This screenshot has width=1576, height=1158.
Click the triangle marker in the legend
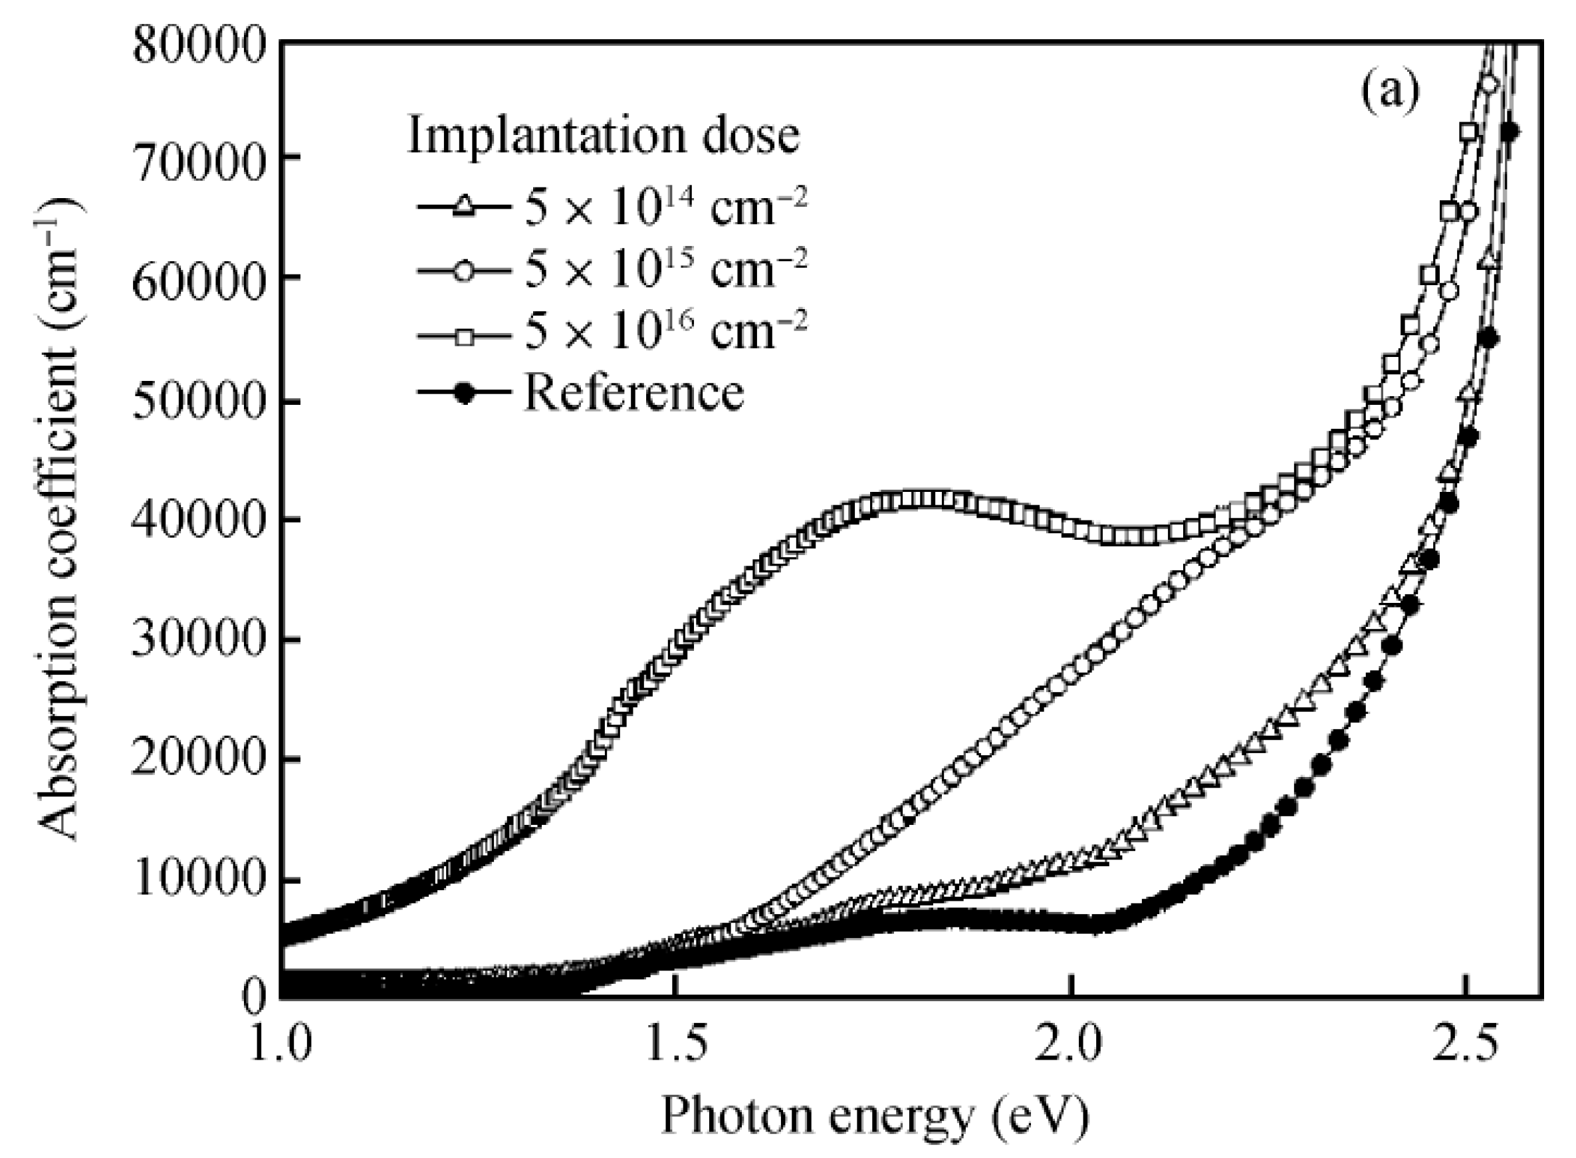pos(463,206)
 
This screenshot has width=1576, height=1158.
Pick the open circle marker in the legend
pos(463,270)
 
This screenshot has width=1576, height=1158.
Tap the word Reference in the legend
pos(634,393)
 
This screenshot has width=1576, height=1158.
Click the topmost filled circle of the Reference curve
pos(1510,131)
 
